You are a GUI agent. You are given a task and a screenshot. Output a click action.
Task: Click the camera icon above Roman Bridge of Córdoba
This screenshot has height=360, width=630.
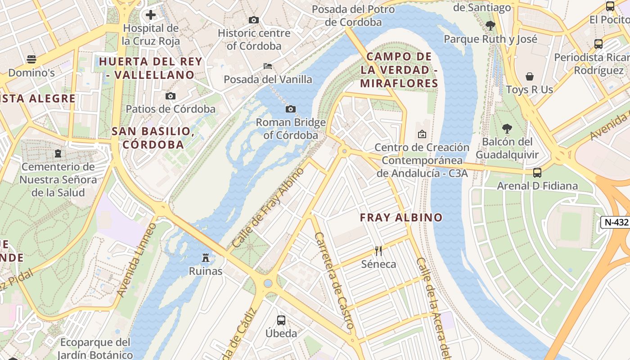pyautogui.click(x=291, y=109)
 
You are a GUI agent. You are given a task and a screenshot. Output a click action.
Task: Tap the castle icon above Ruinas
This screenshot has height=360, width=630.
pyautogui.click(x=206, y=257)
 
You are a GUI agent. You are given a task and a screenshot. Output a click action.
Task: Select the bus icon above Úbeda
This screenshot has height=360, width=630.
pyautogui.click(x=281, y=320)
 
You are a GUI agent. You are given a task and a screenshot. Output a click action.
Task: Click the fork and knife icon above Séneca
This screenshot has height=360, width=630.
pyautogui.click(x=378, y=251)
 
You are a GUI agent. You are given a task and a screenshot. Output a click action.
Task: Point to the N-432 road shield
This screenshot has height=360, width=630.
pyautogui.click(x=615, y=222)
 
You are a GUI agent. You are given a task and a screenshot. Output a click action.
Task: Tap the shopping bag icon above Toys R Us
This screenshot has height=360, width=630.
pyautogui.click(x=530, y=76)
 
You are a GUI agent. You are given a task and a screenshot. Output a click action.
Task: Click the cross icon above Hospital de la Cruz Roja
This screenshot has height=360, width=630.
pyautogui.click(x=151, y=15)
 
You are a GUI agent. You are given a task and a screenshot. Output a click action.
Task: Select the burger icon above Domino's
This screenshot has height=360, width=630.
pyautogui.click(x=31, y=59)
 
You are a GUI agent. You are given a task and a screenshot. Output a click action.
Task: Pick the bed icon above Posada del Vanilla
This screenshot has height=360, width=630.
pyautogui.click(x=268, y=66)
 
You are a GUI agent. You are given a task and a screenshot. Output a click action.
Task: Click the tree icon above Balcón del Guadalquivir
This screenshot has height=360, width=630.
pyautogui.click(x=507, y=129)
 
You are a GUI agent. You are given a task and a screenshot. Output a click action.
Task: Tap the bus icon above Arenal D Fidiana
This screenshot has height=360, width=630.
pyautogui.click(x=537, y=172)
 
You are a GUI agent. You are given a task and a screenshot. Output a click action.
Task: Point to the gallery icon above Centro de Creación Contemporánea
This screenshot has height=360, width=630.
pyautogui.click(x=422, y=134)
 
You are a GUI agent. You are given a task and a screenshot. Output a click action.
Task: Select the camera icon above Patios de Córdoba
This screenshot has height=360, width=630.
pyautogui.click(x=171, y=96)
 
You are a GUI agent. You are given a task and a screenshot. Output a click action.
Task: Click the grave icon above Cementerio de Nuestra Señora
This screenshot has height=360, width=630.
pyautogui.click(x=58, y=153)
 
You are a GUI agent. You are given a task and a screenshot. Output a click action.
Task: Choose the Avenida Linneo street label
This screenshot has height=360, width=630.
pyautogui.click(x=136, y=260)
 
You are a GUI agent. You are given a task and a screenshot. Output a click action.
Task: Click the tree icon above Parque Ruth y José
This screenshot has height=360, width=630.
pyautogui.click(x=490, y=26)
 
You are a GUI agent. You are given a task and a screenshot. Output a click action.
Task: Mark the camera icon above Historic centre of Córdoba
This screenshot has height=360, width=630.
pyautogui.click(x=254, y=20)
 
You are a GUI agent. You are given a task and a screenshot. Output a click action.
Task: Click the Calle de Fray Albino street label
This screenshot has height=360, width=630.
pyautogui.click(x=268, y=207)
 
